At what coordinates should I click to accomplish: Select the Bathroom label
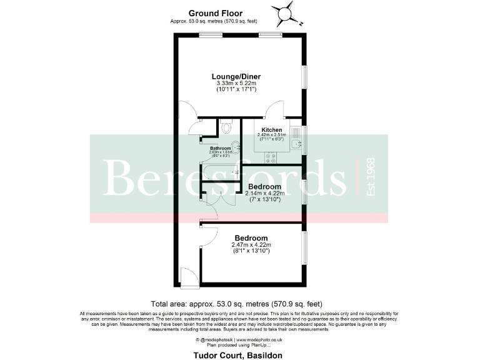[220, 148]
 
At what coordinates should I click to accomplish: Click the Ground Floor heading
[216, 13]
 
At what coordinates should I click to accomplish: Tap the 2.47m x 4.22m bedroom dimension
[251, 245]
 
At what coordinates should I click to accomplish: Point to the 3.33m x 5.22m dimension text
[236, 83]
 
